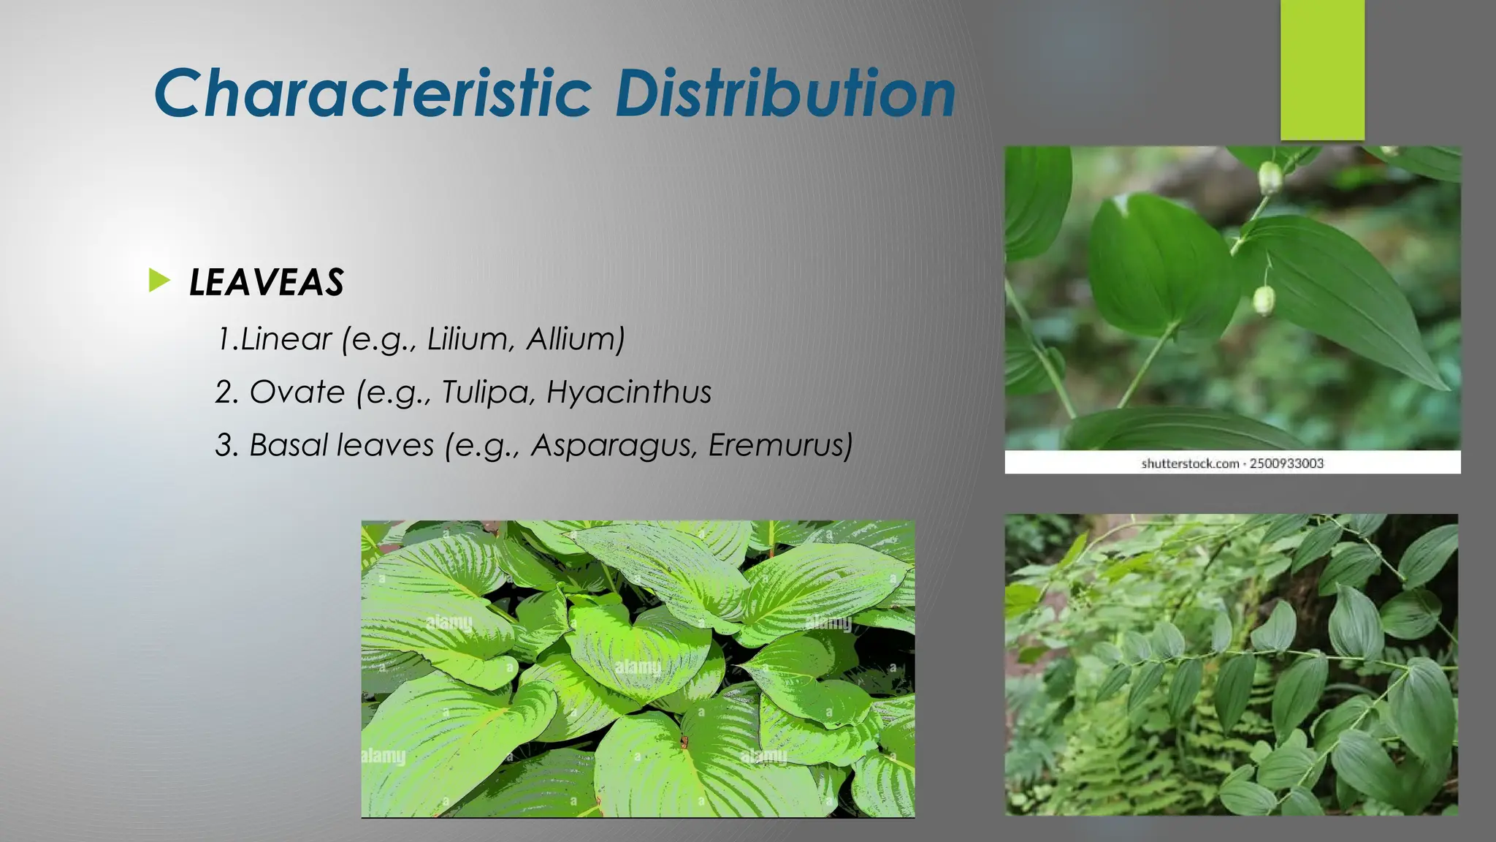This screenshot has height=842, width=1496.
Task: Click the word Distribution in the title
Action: (x=785, y=94)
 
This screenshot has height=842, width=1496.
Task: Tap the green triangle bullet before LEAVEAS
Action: (x=159, y=281)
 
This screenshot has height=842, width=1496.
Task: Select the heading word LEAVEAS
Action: (x=267, y=283)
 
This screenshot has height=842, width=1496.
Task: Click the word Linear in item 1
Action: (x=286, y=339)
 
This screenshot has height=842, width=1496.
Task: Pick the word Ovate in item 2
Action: (x=297, y=392)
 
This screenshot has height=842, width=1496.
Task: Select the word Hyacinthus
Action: (x=629, y=392)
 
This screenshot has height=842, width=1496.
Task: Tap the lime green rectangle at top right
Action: (x=1322, y=69)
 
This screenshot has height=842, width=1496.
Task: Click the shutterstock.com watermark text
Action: (x=1190, y=463)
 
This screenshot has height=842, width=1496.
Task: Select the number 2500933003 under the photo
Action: (x=1286, y=463)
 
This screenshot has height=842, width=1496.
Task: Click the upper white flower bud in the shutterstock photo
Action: (x=1270, y=177)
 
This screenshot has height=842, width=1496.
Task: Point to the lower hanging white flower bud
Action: (x=1264, y=300)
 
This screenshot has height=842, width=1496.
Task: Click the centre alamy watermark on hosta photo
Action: (x=637, y=667)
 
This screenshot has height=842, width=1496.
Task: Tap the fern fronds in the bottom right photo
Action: (x=1125, y=760)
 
